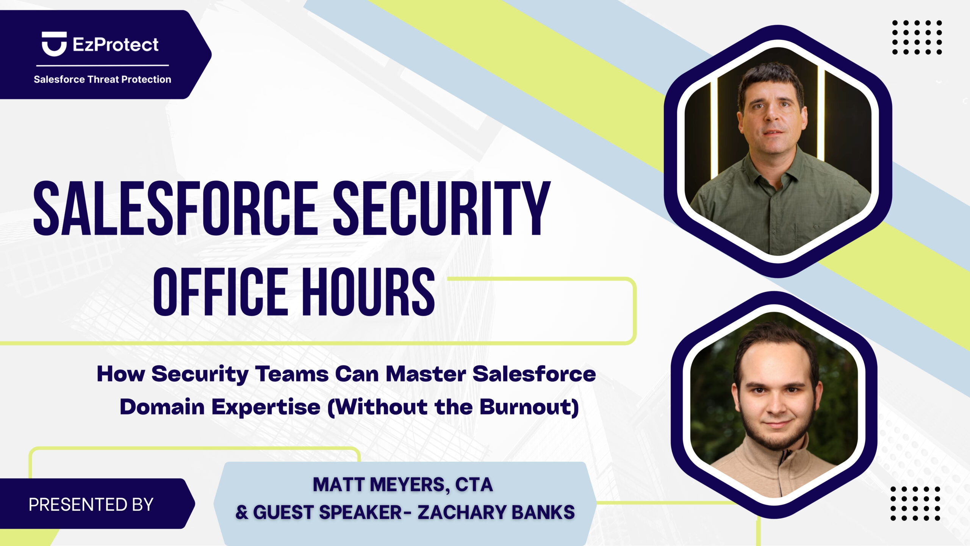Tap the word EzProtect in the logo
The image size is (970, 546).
116,45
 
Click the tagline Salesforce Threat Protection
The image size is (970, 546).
102,79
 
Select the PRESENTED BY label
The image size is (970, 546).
91,505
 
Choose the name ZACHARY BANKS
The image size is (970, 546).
496,512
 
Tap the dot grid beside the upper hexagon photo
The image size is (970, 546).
917,37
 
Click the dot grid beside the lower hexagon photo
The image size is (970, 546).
915,503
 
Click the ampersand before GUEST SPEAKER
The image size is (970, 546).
242,513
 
